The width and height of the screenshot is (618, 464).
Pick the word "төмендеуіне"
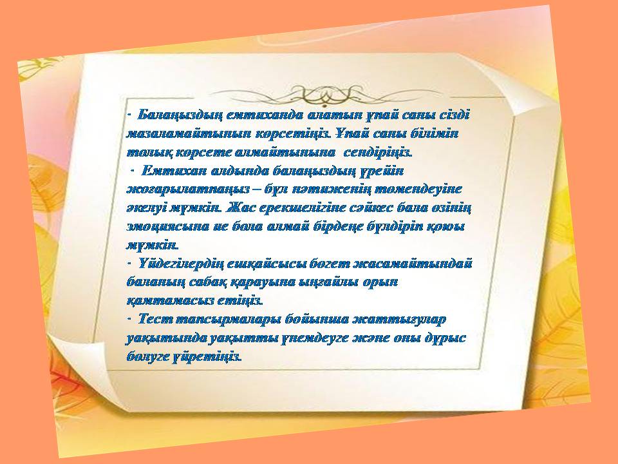click(418, 189)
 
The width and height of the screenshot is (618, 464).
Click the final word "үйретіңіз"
click(207, 357)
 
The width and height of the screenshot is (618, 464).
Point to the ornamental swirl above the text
click(324, 95)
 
